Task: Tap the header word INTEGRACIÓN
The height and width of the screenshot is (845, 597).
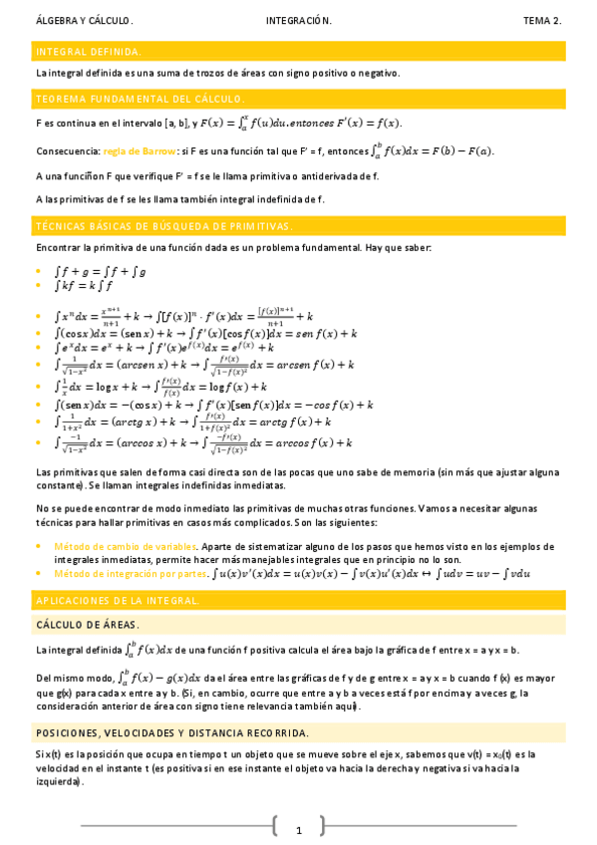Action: [299, 21]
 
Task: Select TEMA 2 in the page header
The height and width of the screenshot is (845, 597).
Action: [542, 21]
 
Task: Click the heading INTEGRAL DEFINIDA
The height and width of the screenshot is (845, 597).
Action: [89, 51]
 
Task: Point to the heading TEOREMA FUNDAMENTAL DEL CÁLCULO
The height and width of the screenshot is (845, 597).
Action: [139, 99]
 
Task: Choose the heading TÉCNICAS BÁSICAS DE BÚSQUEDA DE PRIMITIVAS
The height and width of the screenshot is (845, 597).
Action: [164, 226]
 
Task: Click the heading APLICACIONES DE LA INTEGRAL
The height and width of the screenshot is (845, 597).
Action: [118, 601]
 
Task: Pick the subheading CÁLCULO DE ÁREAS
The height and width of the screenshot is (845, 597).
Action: [88, 625]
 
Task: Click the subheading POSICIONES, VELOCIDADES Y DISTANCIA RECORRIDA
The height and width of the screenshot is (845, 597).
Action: [171, 732]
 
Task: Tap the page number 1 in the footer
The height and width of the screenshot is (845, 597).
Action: [298, 829]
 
